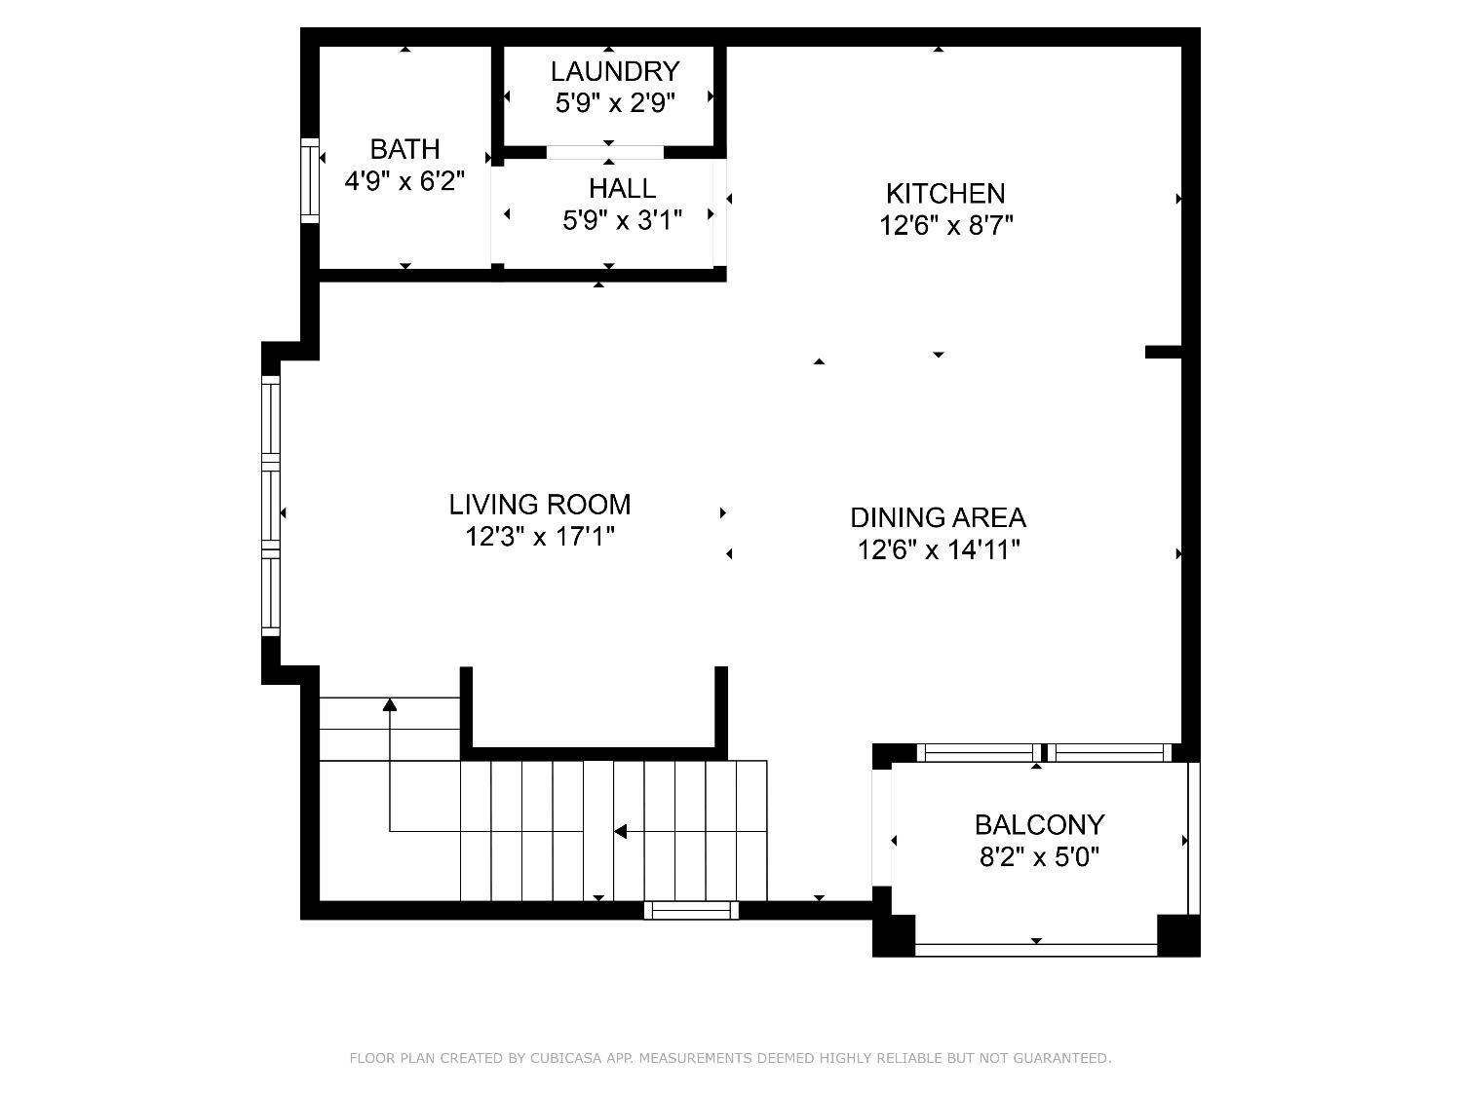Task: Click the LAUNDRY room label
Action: [614, 71]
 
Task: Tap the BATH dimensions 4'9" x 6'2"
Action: [404, 180]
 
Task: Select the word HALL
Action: [622, 188]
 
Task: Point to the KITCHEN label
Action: [945, 194]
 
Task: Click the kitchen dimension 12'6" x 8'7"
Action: [945, 226]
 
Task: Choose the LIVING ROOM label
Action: [540, 505]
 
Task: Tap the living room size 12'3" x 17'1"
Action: [540, 537]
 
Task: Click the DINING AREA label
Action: [938, 517]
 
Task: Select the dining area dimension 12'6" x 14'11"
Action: [939, 549]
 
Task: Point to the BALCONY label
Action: [1039, 825]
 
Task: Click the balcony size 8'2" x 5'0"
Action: [1039, 857]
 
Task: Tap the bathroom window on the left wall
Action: [310, 180]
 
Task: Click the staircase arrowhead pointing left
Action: [620, 832]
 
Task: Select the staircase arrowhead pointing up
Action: [390, 704]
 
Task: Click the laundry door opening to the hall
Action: [605, 152]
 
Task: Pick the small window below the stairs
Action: [691, 910]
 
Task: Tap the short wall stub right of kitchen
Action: [1163, 352]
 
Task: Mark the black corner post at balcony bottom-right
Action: [1178, 936]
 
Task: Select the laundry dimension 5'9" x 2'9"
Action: [615, 103]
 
